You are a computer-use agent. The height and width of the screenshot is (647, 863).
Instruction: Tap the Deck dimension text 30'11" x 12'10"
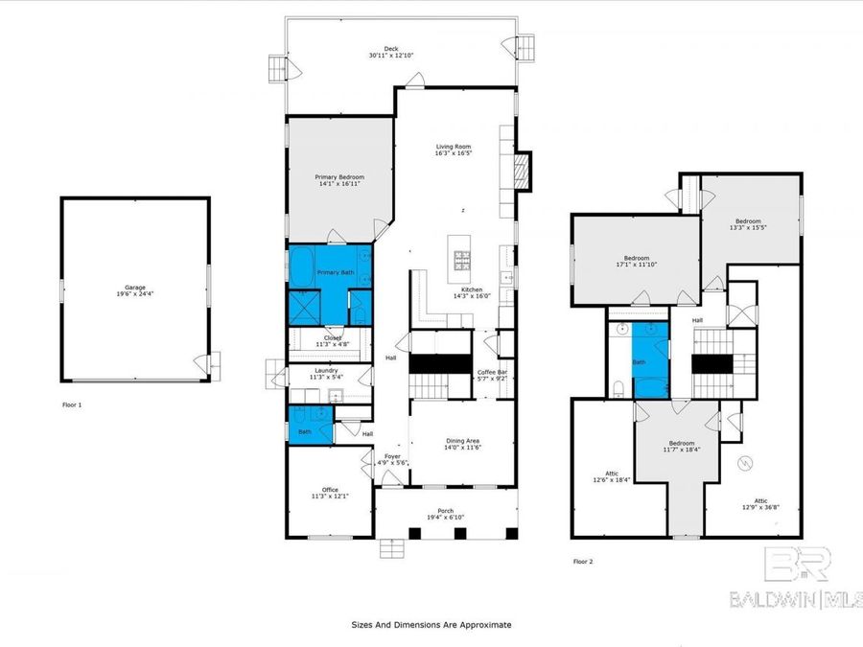point(391,57)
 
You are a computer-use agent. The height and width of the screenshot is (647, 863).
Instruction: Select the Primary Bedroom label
point(340,177)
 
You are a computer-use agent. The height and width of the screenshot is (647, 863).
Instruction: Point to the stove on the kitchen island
point(461,257)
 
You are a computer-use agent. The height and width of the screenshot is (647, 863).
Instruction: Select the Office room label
point(330,490)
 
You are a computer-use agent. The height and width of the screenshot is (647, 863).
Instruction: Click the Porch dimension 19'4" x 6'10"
point(446,518)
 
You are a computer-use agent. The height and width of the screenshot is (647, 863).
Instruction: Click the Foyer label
point(393,456)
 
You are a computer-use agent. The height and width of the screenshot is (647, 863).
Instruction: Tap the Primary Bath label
point(336,272)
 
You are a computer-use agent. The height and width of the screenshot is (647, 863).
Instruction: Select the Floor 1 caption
point(72,405)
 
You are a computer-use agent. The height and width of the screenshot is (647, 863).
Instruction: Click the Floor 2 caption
point(583,562)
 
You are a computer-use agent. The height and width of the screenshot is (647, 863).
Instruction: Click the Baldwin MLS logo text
point(796,600)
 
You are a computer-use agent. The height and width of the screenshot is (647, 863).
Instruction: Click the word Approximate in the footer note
point(482,624)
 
